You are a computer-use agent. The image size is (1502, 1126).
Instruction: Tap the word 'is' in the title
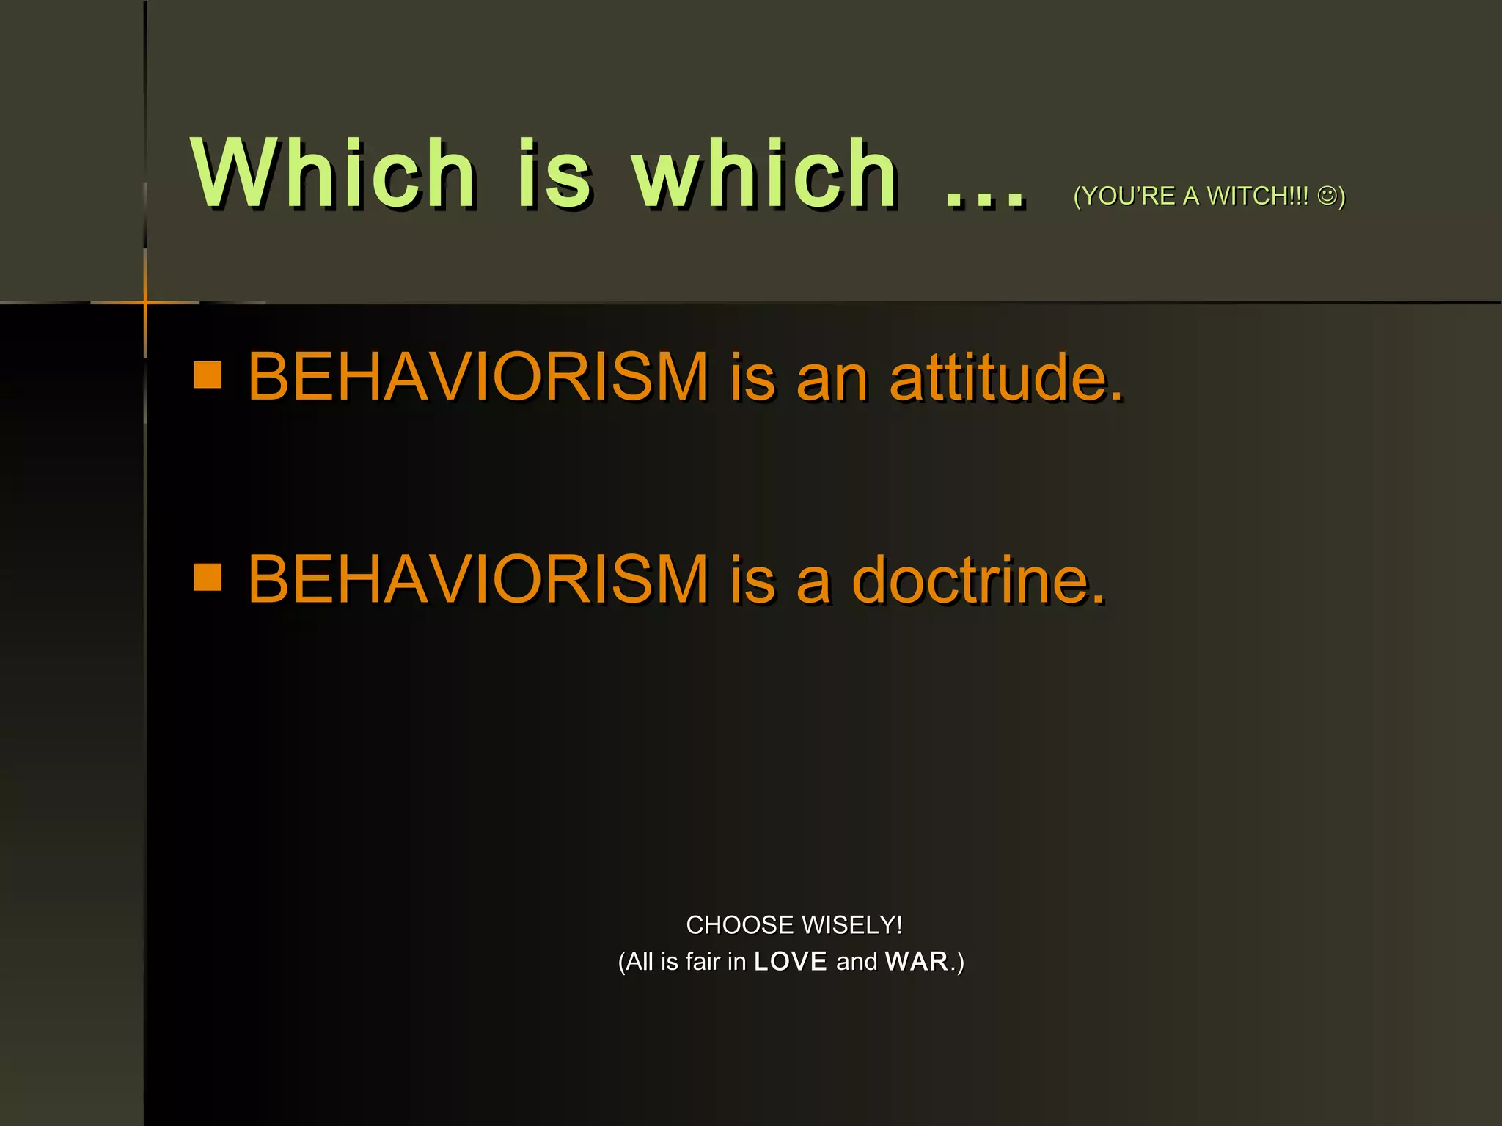pos(554,174)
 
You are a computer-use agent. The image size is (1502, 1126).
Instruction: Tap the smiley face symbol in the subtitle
pos(1327,195)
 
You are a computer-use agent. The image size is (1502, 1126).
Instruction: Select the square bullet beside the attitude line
pos(208,375)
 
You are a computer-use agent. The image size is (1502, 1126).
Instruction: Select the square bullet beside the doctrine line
pos(208,577)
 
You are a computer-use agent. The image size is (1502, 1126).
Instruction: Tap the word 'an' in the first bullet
pos(832,378)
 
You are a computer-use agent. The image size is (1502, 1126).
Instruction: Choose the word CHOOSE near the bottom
pos(740,925)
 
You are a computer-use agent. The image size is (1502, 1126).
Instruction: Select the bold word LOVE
pos(791,961)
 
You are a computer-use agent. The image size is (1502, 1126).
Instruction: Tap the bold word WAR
pos(917,961)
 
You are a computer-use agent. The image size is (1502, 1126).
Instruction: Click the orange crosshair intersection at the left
pos(145,302)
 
